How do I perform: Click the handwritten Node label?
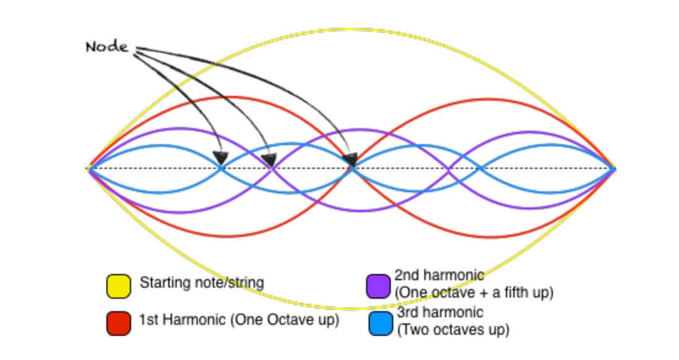[107, 47]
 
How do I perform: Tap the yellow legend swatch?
[118, 286]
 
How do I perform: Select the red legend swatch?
[118, 322]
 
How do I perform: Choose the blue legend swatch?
[380, 323]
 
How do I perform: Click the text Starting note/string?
[202, 283]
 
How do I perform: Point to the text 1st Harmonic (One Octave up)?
[239, 321]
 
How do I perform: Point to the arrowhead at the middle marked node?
[268, 161]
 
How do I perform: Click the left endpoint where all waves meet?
[89, 168]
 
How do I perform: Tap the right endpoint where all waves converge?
[614, 168]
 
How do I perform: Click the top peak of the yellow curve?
[351, 28]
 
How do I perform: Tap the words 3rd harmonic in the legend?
[440, 312]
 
